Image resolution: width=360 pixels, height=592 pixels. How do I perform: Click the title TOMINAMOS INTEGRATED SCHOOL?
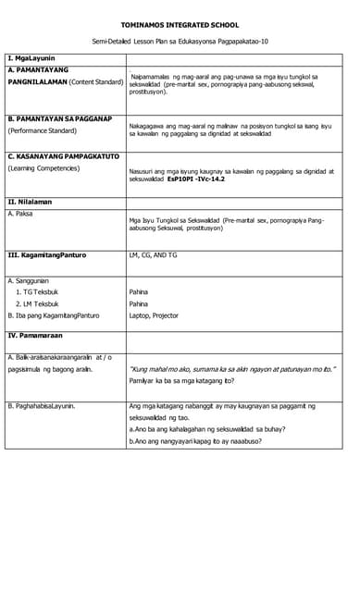coord(180,25)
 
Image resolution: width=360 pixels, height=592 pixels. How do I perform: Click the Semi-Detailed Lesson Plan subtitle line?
coord(180,43)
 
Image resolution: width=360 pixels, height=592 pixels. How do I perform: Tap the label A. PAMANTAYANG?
coord(40,69)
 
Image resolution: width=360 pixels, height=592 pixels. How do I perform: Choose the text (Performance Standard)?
coord(43,131)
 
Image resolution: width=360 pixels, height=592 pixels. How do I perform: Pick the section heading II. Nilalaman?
coord(30,202)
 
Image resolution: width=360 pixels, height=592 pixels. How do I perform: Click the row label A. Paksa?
coord(20,214)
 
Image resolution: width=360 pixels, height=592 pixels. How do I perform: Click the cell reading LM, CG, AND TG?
coord(153,255)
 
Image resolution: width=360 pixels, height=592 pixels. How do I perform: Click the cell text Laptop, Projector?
coord(154,315)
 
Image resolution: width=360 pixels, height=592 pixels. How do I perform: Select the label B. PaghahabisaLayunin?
coord(42,406)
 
